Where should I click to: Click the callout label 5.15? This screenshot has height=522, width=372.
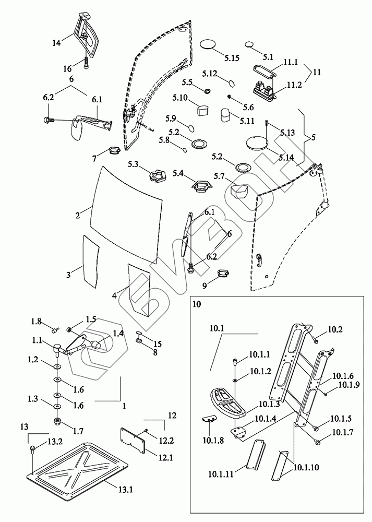[x=229, y=58]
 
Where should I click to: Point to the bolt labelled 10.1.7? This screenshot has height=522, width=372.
[x=317, y=442]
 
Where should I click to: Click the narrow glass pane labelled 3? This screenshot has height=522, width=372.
[x=90, y=261]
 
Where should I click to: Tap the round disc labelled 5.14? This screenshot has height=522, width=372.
[x=256, y=142]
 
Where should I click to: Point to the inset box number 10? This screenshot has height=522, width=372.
[x=196, y=303]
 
